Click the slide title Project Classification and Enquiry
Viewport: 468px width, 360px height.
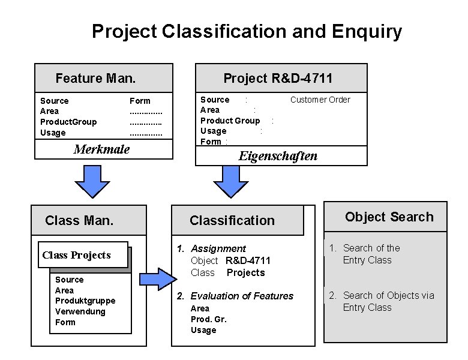(247, 31)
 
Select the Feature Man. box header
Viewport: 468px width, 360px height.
(95, 78)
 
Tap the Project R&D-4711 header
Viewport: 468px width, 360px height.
(278, 78)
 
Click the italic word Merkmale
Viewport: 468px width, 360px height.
(101, 149)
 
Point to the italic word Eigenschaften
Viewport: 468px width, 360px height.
(278, 156)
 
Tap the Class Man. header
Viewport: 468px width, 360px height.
(79, 220)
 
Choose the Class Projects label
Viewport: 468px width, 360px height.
(77, 255)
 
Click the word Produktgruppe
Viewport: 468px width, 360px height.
(85, 301)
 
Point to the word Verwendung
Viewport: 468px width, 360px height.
(80, 311)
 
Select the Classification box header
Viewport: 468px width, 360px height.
(232, 220)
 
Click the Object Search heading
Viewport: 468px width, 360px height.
(389, 217)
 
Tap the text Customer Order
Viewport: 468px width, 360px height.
(320, 100)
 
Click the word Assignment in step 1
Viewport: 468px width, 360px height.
(218, 248)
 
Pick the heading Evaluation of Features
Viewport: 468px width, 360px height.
(242, 296)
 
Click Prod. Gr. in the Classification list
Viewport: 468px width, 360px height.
(208, 319)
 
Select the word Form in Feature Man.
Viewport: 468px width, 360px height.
(140, 101)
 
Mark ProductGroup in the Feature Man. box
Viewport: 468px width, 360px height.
(68, 122)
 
